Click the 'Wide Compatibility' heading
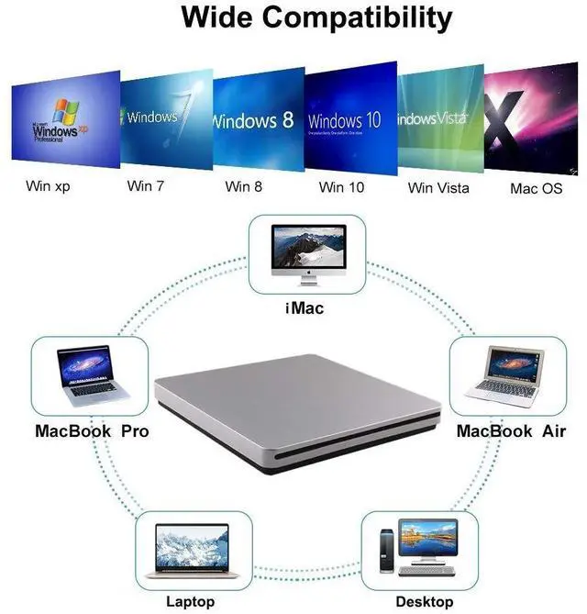pos(316,17)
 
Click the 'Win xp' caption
pos(48,186)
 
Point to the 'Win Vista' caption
pos(438,187)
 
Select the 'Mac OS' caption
pos(536,188)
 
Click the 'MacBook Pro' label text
pos(92,430)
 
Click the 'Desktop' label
pos(424,602)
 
